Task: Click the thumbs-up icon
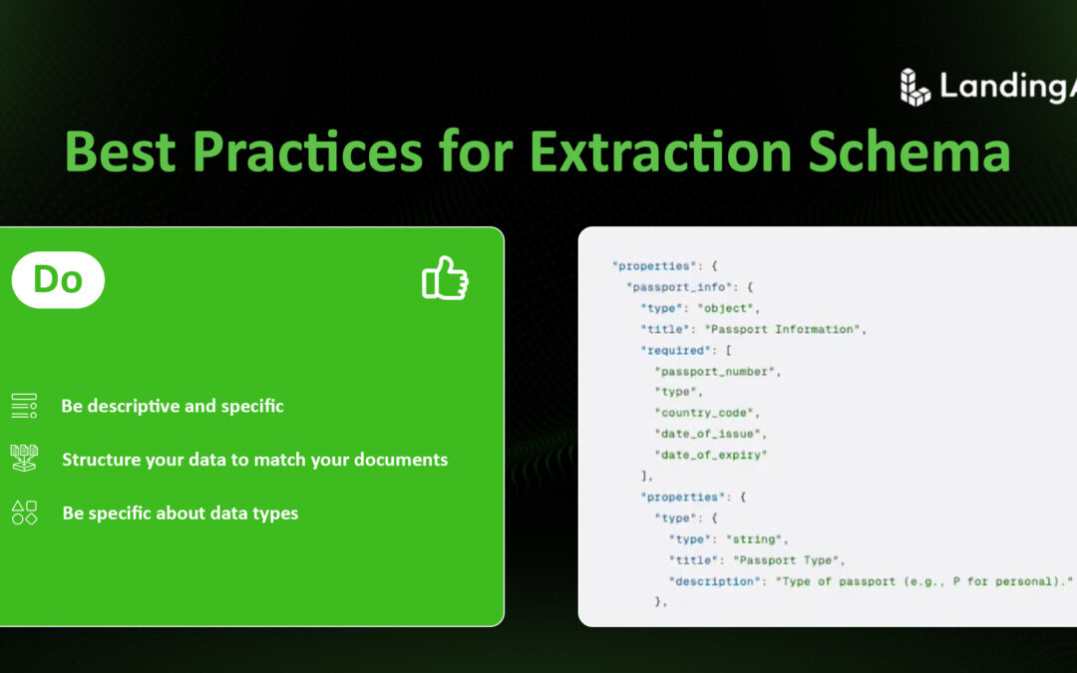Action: point(445,278)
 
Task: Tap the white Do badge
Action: point(58,279)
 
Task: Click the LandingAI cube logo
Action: point(914,87)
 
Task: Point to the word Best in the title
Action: point(122,152)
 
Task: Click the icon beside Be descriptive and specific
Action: point(24,406)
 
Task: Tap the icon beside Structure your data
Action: point(24,459)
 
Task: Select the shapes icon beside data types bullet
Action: point(24,512)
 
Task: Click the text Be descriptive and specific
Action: point(173,406)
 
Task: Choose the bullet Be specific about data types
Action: point(179,513)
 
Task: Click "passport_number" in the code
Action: point(714,371)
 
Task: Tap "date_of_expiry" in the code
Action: point(710,455)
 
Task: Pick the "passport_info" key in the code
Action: point(669,287)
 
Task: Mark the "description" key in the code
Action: point(714,580)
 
